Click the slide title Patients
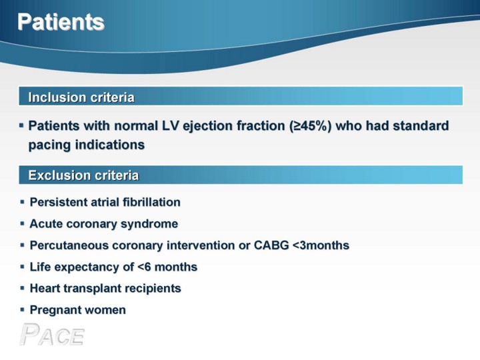point(61,22)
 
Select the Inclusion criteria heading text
point(81,97)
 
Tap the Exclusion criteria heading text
point(83,175)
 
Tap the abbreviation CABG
point(271,245)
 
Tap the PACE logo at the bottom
point(52,334)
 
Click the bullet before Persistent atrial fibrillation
point(22,202)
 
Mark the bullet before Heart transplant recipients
point(22,288)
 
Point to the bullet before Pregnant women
point(22,310)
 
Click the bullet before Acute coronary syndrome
point(22,223)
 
